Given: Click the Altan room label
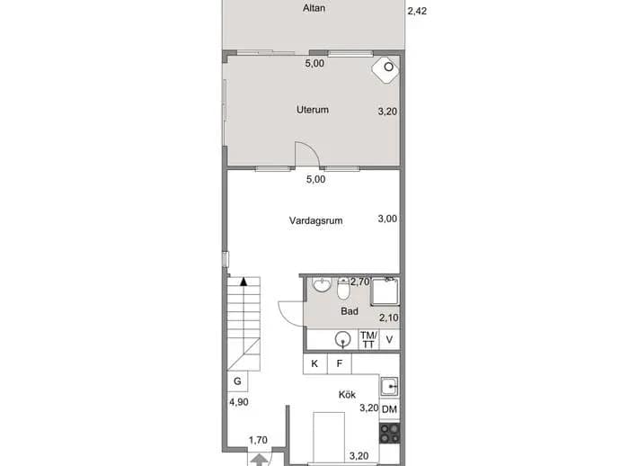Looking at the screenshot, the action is (x=314, y=8).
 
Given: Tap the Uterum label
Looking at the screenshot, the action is (x=313, y=110).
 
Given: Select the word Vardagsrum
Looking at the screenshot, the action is (x=315, y=220).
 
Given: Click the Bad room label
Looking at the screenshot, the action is (x=350, y=311).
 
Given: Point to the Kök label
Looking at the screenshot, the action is (x=347, y=395).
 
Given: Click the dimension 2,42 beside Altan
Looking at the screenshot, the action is (x=417, y=11).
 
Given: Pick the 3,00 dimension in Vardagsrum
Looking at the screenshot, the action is (x=387, y=219).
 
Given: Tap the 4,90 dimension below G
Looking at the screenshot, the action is (x=239, y=402).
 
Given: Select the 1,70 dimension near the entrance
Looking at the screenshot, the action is (x=258, y=440).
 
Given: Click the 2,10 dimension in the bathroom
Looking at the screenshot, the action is (x=389, y=318).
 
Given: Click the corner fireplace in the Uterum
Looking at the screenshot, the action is (x=385, y=70).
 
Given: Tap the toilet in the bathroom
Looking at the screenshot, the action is (x=343, y=289).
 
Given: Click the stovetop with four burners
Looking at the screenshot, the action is (x=390, y=433).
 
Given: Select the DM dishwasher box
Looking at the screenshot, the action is (x=389, y=409).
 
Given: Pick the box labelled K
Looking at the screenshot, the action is (x=314, y=363).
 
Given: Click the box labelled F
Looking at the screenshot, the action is (x=340, y=363).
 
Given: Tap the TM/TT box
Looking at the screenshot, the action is (x=368, y=340).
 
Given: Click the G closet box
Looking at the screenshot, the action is (x=237, y=381).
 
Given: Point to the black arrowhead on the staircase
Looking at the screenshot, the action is (x=244, y=282).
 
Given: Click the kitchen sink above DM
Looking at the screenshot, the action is (x=389, y=387).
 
